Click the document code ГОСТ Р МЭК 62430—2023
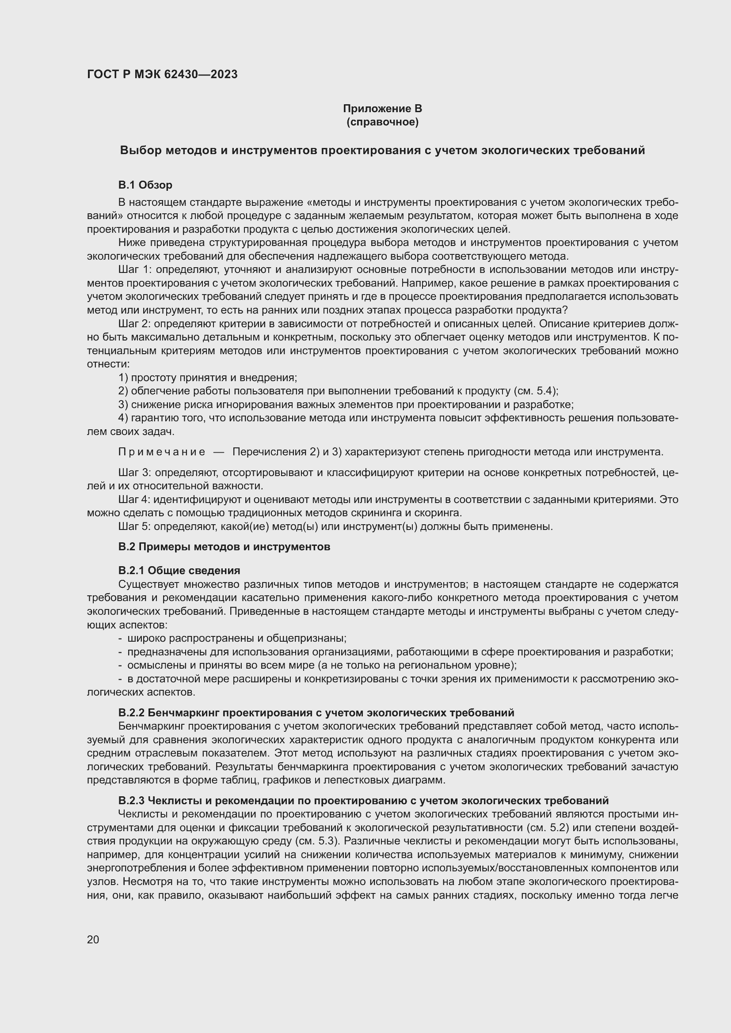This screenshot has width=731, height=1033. coord(162,75)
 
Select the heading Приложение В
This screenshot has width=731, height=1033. coord(382,109)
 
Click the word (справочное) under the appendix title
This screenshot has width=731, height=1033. coord(382,122)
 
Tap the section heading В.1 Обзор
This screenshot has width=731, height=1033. coord(145,185)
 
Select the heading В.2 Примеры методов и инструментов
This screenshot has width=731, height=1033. coord(224,547)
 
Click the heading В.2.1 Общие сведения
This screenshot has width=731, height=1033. coord(179,571)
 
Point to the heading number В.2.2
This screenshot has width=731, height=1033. coord(131,713)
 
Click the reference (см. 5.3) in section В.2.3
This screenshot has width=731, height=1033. coord(317,841)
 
